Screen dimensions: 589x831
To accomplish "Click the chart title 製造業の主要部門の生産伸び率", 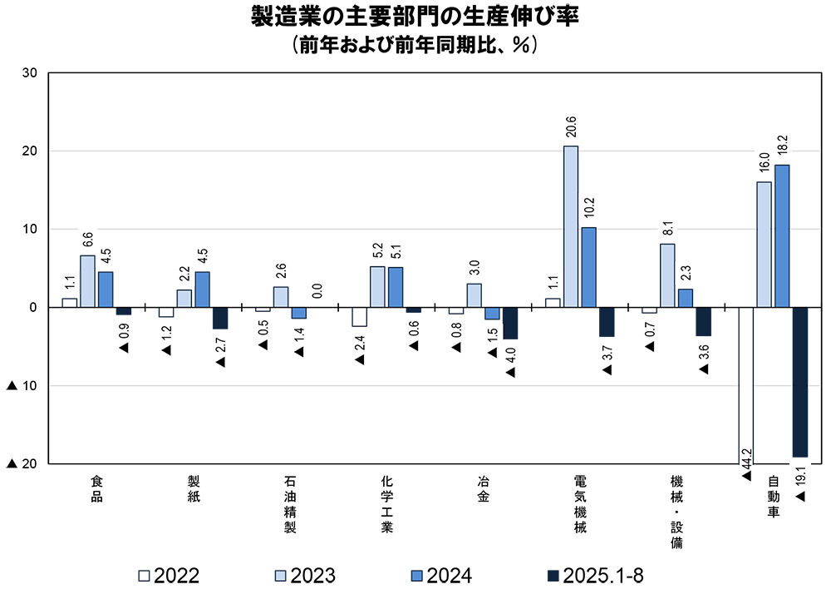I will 415,17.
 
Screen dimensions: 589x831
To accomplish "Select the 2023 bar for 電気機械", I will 571,226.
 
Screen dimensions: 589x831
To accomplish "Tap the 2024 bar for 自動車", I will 782,235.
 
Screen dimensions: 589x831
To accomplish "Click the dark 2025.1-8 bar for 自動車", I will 800,382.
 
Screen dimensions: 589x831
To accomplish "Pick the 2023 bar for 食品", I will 87,281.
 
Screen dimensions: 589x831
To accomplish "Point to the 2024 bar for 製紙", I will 202,290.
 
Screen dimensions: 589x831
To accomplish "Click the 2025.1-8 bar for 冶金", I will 510,323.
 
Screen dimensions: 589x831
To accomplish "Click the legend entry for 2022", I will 170,575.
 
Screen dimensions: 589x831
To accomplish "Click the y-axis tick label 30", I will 32,73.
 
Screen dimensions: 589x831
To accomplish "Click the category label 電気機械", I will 580,504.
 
